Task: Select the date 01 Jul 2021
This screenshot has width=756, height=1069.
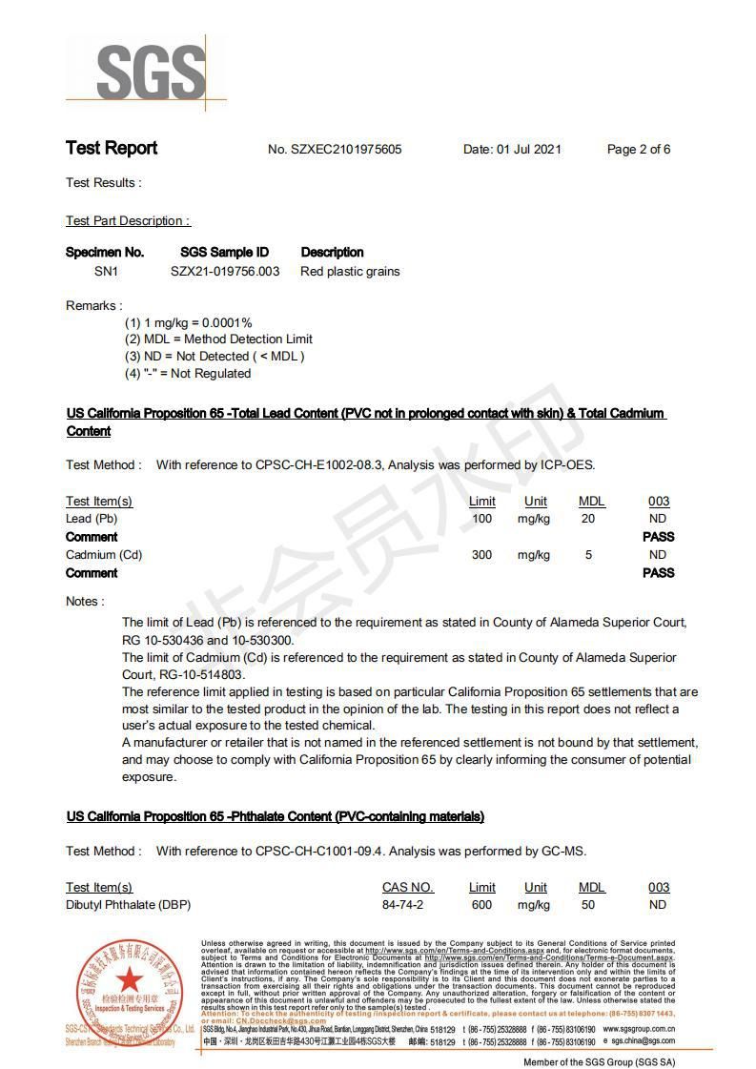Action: [528, 150]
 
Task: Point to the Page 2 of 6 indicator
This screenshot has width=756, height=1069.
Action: [638, 150]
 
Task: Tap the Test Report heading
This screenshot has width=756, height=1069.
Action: [112, 148]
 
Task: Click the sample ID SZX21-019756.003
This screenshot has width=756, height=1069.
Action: [225, 272]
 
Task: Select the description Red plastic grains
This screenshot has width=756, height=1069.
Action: [350, 272]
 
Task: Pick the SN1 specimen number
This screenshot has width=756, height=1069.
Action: [106, 272]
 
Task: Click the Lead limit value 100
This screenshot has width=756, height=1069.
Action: [482, 519]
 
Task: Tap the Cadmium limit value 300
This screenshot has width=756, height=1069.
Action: [482, 555]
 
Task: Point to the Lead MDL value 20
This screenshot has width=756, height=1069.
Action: [588, 519]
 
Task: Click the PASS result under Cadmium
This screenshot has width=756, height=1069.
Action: [658, 573]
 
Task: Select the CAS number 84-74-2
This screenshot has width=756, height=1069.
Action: [402, 905]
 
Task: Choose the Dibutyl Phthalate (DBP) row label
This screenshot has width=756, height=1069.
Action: [128, 905]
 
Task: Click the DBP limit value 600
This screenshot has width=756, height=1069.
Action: [482, 905]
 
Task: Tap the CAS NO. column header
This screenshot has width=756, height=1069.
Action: [407, 888]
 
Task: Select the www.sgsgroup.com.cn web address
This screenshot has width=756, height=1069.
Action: [639, 1030]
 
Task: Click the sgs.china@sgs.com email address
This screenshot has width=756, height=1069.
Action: [643, 1042]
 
